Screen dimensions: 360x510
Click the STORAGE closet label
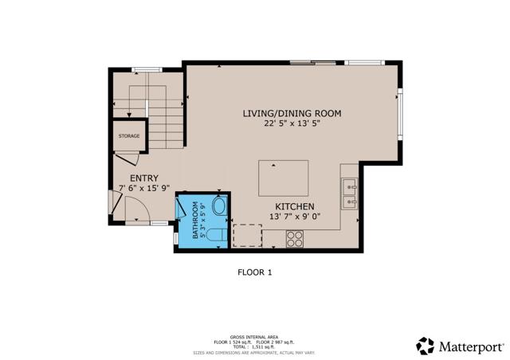pos(129,136)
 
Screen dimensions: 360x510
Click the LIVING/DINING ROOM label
pos(292,114)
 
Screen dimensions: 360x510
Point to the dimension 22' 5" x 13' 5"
pos(292,124)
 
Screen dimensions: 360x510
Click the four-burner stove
pos(294,237)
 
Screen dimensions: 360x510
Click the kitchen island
pos(284,178)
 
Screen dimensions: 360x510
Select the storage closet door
pos(127,160)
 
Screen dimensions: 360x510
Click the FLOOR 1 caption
pos(255,272)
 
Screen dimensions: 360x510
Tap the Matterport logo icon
pos(426,346)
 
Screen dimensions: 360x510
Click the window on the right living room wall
pos(401,112)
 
